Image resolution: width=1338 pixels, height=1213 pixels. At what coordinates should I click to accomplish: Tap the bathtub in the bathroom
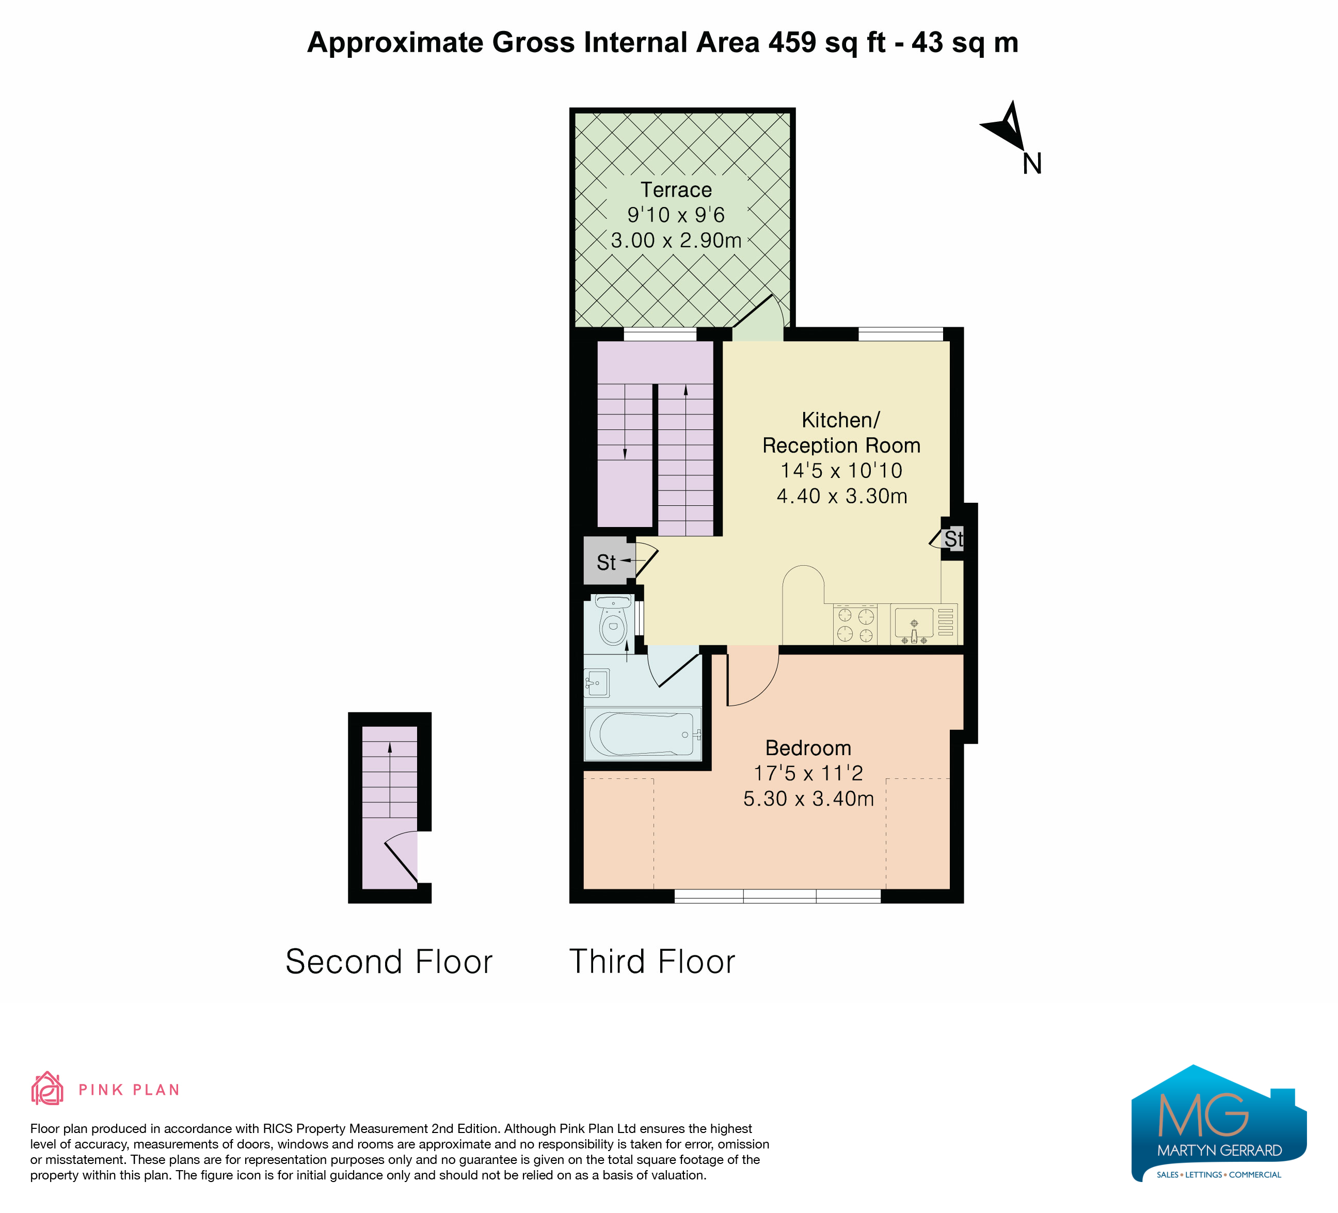(643, 735)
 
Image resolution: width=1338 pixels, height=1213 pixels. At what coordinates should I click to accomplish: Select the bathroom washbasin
(597, 683)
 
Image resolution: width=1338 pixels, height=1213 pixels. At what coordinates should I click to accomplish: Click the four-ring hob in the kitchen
(855, 625)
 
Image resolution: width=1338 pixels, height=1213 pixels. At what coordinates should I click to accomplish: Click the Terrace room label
(676, 190)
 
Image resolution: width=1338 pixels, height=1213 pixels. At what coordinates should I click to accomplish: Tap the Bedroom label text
(808, 748)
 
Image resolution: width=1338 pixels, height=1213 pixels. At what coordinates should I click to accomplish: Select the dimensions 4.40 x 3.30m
(841, 496)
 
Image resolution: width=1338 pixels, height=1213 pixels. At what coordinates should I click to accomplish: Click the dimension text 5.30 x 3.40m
(808, 799)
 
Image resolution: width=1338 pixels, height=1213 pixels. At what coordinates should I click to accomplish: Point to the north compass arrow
(1006, 125)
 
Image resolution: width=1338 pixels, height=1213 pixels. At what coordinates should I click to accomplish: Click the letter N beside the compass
(1032, 163)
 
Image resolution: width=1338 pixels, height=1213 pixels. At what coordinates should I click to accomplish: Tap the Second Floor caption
(389, 962)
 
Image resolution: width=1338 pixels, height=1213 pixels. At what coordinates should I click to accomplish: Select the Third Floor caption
(652, 962)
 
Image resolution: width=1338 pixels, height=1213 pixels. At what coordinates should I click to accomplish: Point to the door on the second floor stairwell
(401, 859)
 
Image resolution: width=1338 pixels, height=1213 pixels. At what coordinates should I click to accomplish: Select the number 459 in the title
(792, 42)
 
